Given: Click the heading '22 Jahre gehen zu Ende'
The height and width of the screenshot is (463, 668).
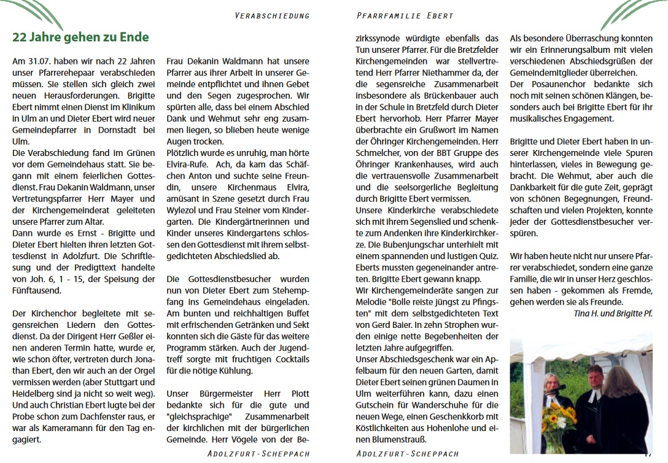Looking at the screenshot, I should pyautogui.click(x=80, y=37).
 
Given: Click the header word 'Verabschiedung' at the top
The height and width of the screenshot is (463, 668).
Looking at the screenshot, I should pyautogui.click(x=272, y=15).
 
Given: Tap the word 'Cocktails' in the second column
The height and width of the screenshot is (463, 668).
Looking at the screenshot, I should pyautogui.click(x=289, y=358).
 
